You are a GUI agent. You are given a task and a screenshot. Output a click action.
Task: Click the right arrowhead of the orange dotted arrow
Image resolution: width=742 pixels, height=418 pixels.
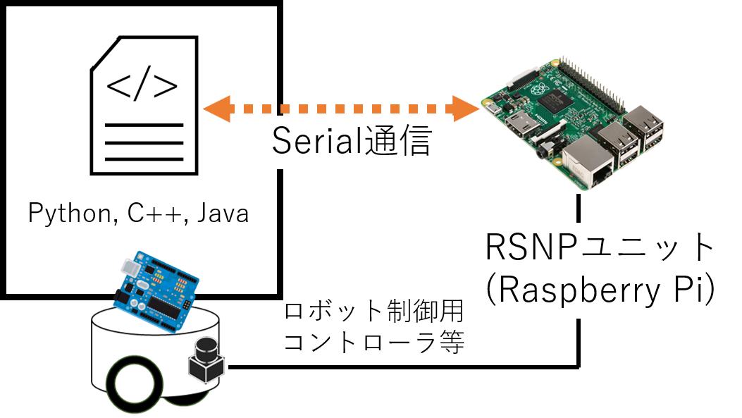467,109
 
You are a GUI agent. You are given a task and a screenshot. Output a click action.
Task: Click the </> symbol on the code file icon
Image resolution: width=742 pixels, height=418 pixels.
142,87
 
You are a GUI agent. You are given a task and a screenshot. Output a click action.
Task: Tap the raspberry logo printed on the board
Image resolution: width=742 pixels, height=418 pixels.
539,90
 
